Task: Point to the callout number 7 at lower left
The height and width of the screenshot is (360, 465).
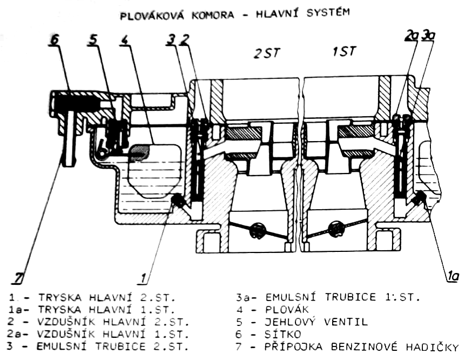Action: [19, 279]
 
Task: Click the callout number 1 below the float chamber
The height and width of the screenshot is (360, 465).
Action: [144, 278]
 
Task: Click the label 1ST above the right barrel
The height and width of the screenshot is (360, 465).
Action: [344, 52]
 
